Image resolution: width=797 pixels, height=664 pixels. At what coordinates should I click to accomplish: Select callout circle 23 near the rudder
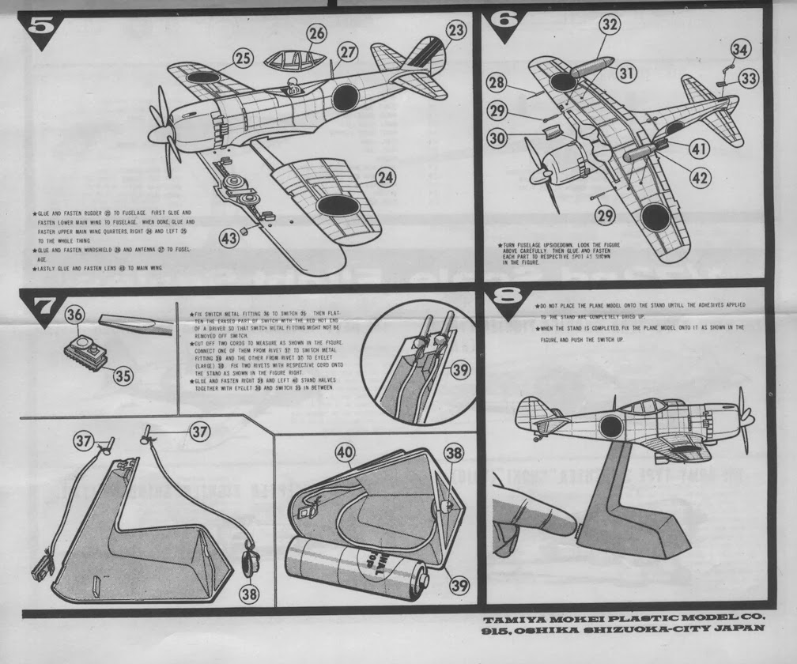pyautogui.click(x=455, y=30)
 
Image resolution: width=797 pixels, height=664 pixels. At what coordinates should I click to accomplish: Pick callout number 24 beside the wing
pyautogui.click(x=384, y=178)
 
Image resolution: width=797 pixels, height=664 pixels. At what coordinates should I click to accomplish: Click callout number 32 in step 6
pyautogui.click(x=608, y=25)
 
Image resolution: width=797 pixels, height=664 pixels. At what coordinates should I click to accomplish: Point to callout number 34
pyautogui.click(x=739, y=50)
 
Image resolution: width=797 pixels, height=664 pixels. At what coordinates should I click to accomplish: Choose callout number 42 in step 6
pyautogui.click(x=699, y=178)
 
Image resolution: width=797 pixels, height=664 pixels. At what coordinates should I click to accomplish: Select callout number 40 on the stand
pyautogui.click(x=343, y=454)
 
